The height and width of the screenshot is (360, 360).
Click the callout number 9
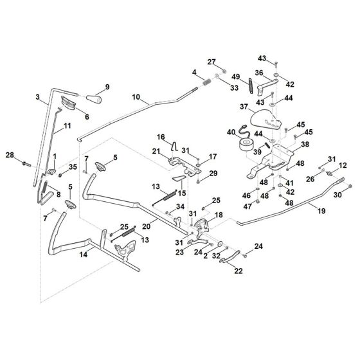(107, 87)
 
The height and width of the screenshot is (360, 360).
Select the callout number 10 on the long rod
(136, 97)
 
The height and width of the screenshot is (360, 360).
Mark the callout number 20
(146, 226)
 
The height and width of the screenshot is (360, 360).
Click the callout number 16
(161, 137)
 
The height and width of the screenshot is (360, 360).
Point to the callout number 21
(156, 151)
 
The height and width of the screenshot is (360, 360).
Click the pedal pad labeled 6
(69, 102)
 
